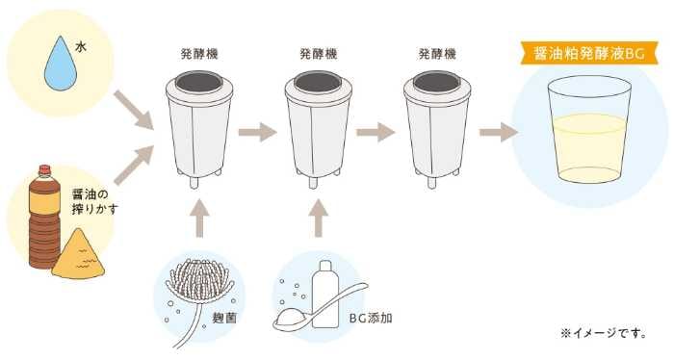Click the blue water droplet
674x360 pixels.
(61, 66)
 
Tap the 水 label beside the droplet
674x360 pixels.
(81, 46)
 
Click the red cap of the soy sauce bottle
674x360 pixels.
(44, 169)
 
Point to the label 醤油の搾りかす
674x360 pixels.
(94, 201)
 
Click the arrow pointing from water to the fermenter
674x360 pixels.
(134, 110)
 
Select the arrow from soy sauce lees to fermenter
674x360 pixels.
(134, 165)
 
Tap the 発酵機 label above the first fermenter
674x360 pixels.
(199, 54)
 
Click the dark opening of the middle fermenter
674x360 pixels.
(318, 82)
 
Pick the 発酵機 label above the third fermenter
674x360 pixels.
(437, 54)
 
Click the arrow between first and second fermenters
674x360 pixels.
(257, 132)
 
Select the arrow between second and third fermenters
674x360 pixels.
(376, 132)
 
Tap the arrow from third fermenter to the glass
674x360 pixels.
(499, 132)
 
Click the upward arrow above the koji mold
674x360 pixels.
(199, 218)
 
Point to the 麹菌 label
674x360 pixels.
(224, 318)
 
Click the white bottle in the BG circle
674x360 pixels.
(325, 294)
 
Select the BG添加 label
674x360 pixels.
(371, 319)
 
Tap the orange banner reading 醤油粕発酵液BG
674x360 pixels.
(589, 53)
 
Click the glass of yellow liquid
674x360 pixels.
(589, 129)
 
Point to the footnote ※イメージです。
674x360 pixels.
(604, 333)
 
